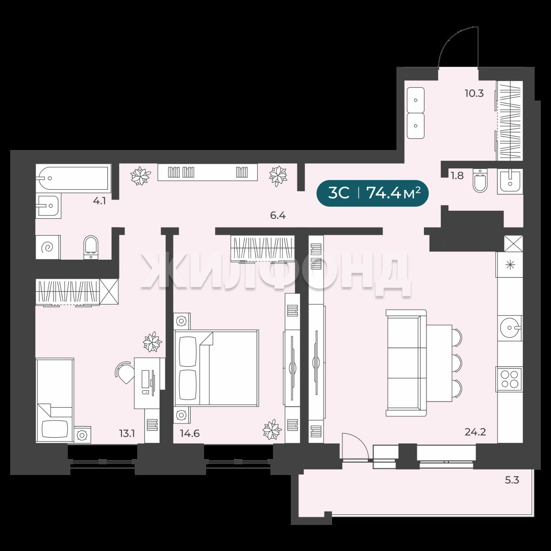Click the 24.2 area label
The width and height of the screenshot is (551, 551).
[x=475, y=432]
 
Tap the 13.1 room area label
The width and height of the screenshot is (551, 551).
[x=127, y=434]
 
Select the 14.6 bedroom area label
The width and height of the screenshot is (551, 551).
[x=190, y=434]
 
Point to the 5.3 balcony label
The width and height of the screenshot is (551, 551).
[x=512, y=480]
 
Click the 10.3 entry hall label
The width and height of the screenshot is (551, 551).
[x=474, y=93]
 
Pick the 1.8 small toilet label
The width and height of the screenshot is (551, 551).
[x=457, y=176]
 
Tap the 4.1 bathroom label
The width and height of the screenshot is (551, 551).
[x=99, y=202]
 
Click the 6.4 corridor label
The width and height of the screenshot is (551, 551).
[x=278, y=216]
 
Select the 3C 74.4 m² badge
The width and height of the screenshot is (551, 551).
[x=372, y=193]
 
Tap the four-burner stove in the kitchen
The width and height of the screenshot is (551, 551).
[x=509, y=379]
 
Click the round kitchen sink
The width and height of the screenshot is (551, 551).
[x=509, y=328]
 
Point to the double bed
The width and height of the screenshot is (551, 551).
[x=216, y=368]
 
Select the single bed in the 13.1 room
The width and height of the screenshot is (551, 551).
[x=55, y=400]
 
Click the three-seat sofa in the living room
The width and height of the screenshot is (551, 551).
[x=406, y=363]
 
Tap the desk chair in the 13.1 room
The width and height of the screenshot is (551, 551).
[x=123, y=372]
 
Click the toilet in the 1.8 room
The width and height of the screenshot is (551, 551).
[x=481, y=181]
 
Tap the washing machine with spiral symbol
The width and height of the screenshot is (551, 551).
[x=48, y=247]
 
